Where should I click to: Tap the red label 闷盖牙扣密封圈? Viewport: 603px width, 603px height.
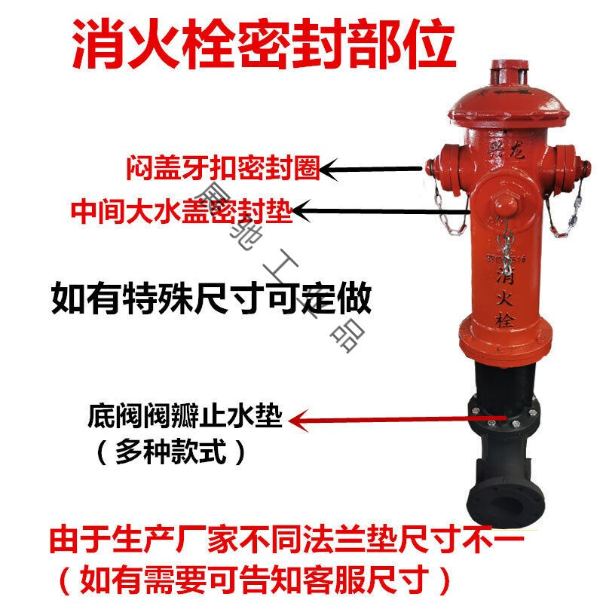click(223, 167)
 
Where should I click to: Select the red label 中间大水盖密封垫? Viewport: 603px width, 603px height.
click(181, 211)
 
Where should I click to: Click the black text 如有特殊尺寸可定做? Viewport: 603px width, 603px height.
click(211, 298)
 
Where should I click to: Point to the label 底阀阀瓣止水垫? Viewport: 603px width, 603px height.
click(185, 418)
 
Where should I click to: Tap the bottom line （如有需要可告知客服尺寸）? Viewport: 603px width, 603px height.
click(256, 579)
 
